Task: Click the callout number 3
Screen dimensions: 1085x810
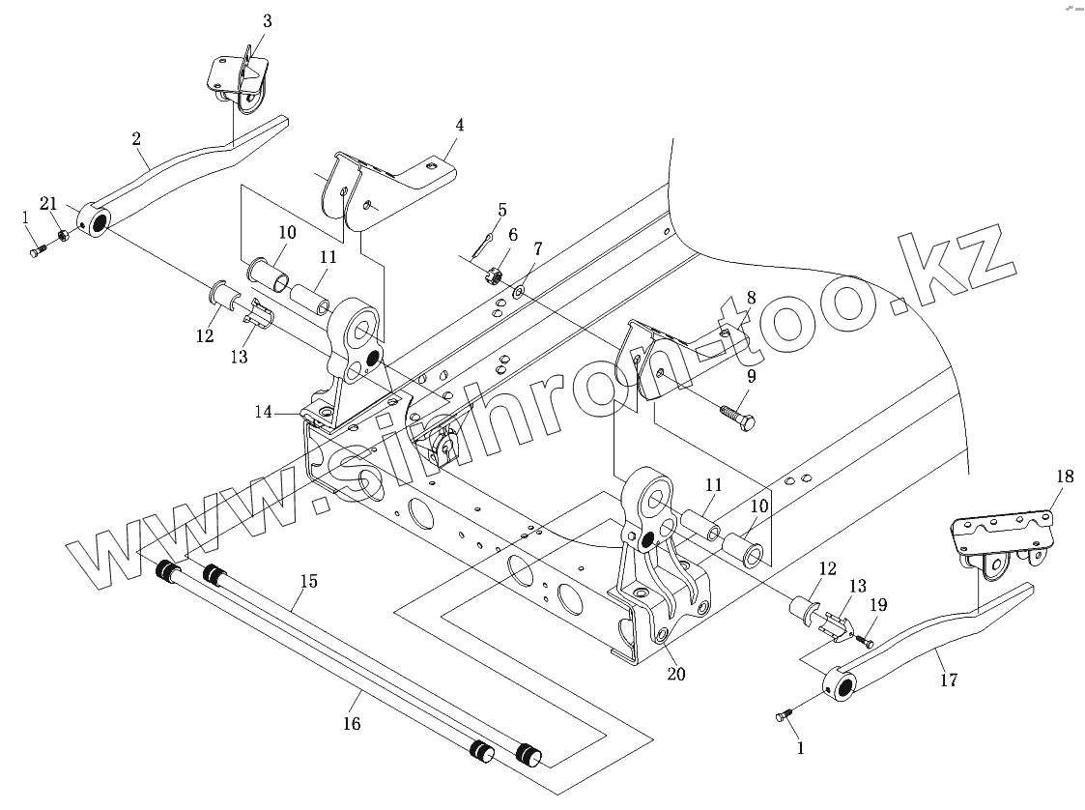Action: click(267, 21)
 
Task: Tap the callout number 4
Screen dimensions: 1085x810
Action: click(460, 125)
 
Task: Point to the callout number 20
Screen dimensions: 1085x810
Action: click(675, 674)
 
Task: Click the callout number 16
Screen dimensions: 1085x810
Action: click(352, 723)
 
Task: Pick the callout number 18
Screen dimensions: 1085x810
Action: click(1064, 477)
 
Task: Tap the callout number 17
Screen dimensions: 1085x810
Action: click(948, 680)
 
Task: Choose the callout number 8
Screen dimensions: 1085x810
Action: click(751, 298)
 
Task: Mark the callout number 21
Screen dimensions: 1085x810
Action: click(47, 203)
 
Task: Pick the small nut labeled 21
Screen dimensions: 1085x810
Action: click(63, 235)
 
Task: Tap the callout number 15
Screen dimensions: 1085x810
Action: click(308, 582)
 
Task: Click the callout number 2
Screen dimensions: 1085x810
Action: click(137, 139)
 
